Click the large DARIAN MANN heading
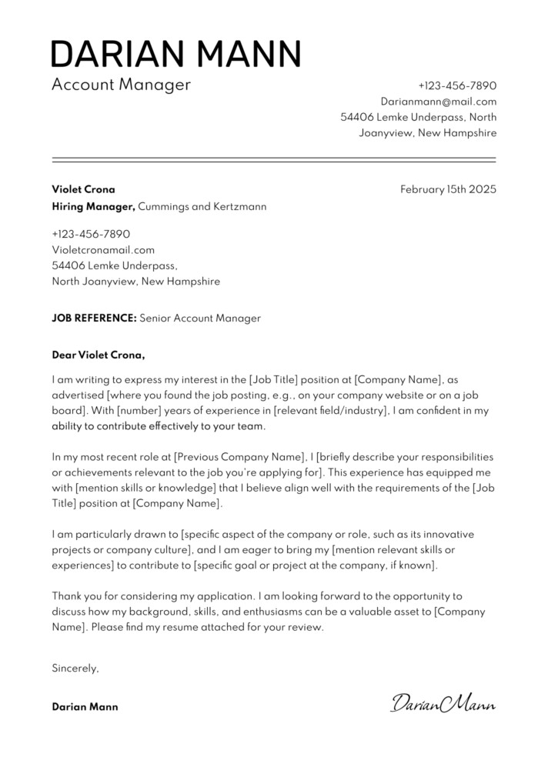175,54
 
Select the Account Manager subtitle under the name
120,85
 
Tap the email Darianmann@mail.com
438,101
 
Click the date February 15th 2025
448,188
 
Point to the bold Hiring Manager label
93,206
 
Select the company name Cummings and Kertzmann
203,206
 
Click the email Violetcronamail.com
103,249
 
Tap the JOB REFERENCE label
94,318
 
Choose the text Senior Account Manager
200,318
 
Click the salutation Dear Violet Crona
98,355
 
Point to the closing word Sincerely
75,668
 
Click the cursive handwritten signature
443,702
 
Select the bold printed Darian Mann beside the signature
85,706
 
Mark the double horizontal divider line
274,159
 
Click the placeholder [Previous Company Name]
238,456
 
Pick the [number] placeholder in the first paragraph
139,411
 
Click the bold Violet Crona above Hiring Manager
83,188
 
